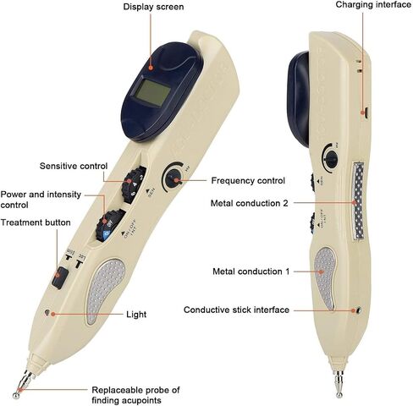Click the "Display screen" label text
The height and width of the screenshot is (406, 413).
pos(153,7)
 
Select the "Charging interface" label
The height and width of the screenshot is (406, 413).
pos(373,5)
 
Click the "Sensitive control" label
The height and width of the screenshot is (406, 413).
pos(74,166)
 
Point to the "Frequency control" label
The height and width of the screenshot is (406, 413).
pos(248,180)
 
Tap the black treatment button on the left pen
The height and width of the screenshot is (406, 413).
pos(60,277)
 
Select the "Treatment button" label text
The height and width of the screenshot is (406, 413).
pos(36,222)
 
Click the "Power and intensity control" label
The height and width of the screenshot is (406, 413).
pos(41,200)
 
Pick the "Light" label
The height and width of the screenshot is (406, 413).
pos(136,315)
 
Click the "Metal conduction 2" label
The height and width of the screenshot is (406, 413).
pos(250,203)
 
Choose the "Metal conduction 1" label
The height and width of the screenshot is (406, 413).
pos(251,272)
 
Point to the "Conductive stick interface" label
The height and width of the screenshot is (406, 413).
pos(236,310)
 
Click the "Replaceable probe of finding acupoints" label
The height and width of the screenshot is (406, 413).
pos(135,395)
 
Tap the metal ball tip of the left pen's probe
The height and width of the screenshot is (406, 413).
pos(16,395)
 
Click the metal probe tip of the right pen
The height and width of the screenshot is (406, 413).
pos(339,394)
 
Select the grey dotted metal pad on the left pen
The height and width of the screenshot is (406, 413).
pos(105,290)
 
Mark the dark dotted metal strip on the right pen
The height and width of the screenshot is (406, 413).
pos(358,200)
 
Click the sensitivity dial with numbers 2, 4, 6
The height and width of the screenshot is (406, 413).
pos(134,184)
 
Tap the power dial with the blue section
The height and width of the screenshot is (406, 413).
pos(110,226)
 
